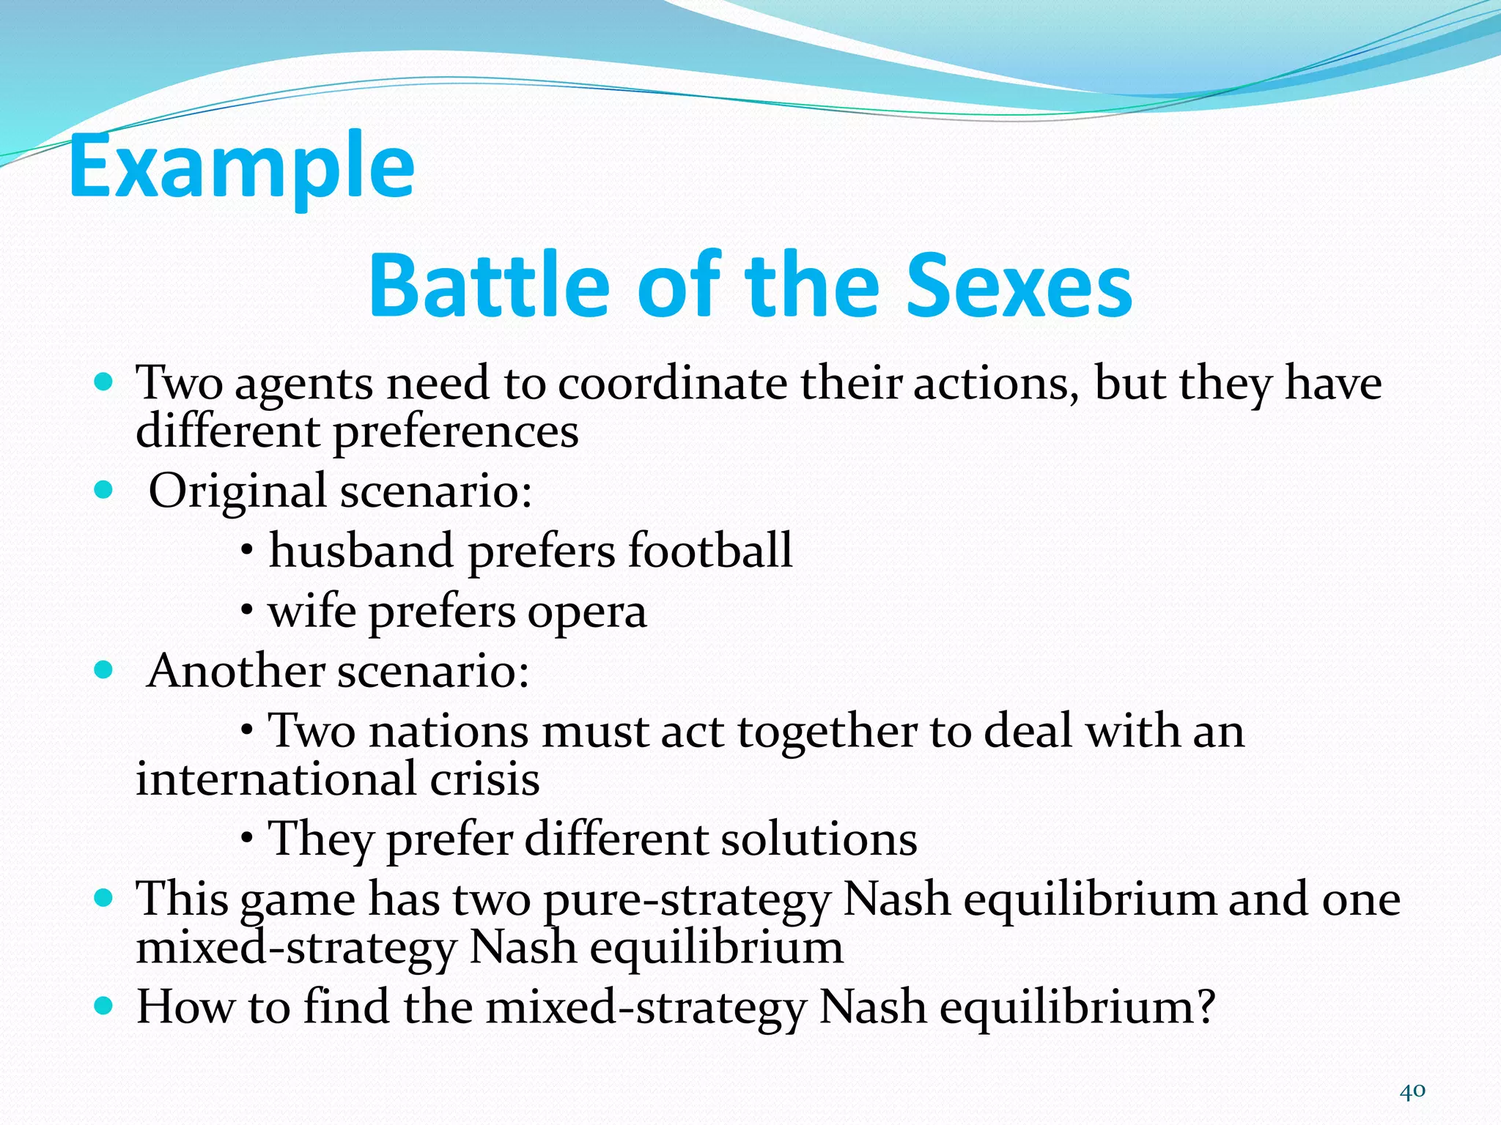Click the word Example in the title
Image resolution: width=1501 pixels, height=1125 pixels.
pyautogui.click(x=242, y=167)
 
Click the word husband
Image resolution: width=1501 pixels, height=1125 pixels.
pyautogui.click(x=361, y=550)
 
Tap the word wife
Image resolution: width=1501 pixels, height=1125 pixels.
pyautogui.click(x=311, y=612)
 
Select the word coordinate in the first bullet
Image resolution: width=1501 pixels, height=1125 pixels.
pyautogui.click(x=674, y=383)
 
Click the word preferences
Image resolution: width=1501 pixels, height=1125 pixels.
pyautogui.click(x=456, y=433)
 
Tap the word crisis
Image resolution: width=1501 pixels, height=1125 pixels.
pyautogui.click(x=484, y=779)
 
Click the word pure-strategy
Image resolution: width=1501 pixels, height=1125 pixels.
pyautogui.click(x=687, y=900)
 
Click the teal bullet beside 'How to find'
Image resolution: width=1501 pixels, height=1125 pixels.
pyautogui.click(x=104, y=1006)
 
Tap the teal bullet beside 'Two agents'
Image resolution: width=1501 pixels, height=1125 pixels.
pyautogui.click(x=104, y=382)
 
